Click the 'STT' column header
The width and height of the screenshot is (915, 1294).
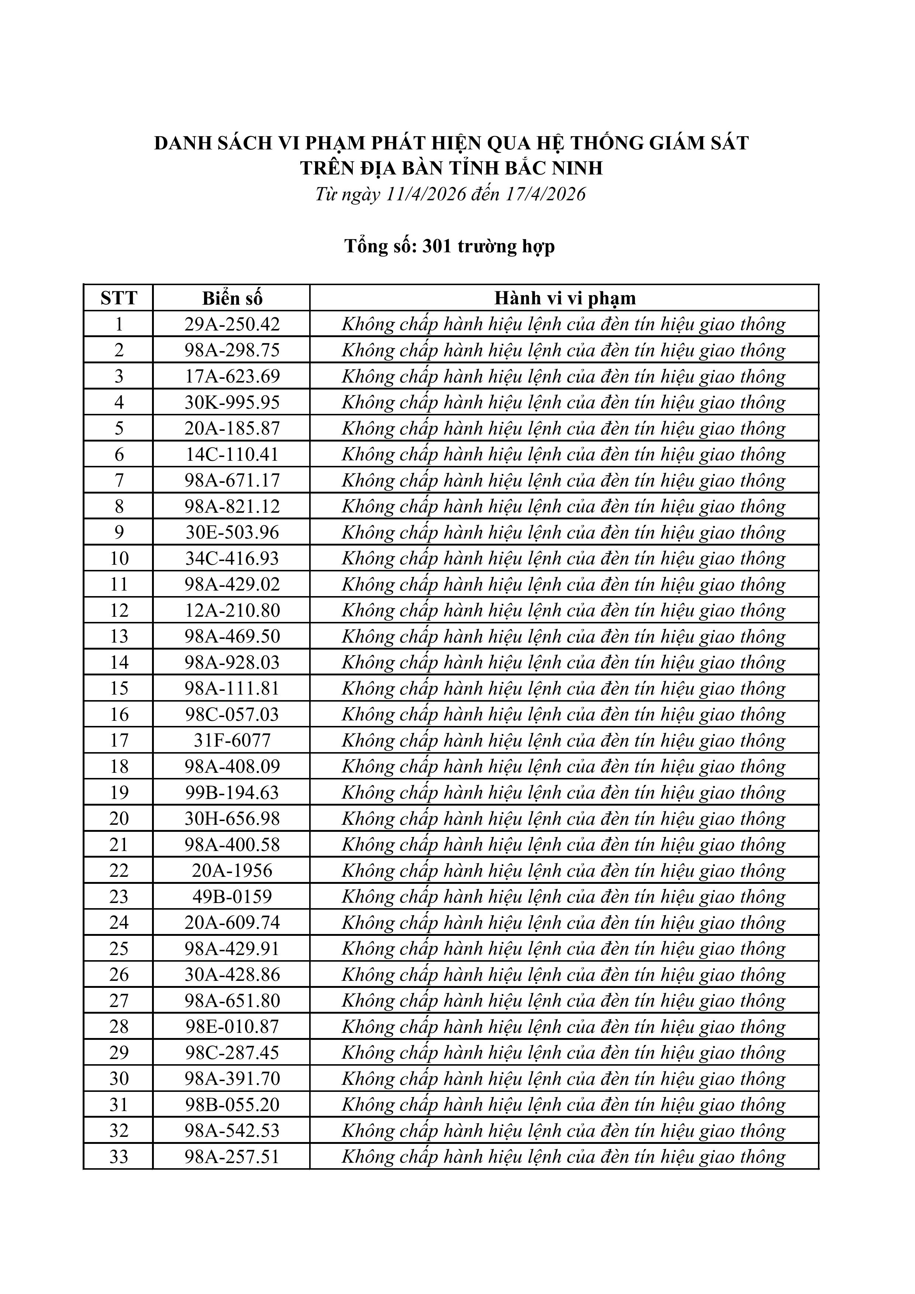(119, 298)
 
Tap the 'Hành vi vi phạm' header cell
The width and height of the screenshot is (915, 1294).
(564, 298)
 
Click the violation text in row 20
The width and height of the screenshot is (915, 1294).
(563, 818)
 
